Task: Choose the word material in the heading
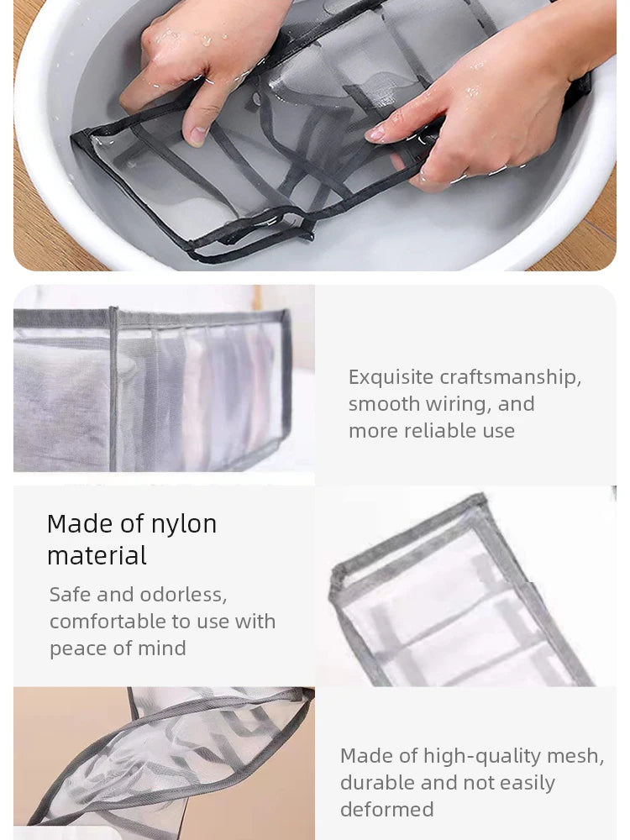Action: click(x=97, y=556)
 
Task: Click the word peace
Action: click(x=78, y=648)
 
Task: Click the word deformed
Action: click(x=387, y=810)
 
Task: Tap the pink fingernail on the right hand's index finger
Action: click(x=375, y=134)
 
